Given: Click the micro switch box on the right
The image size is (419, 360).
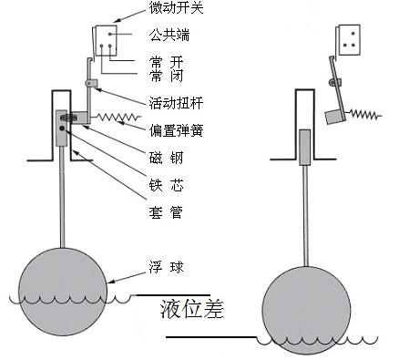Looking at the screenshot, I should pyautogui.click(x=347, y=37).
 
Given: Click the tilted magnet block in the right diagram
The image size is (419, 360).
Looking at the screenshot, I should pyautogui.click(x=334, y=117).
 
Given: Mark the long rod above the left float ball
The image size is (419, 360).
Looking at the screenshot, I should pyautogui.click(x=63, y=201).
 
